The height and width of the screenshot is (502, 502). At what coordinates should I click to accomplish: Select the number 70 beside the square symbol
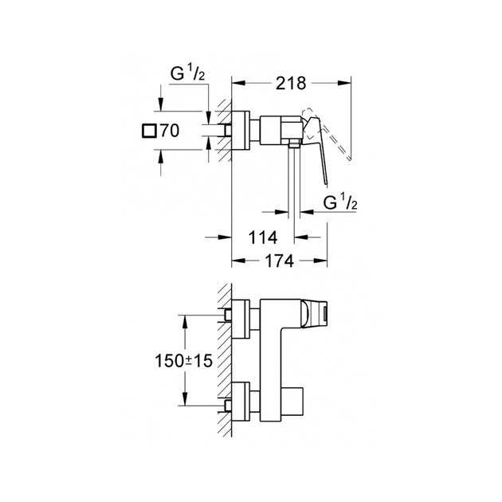click(x=170, y=131)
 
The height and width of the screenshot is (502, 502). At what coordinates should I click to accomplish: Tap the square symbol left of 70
click(x=148, y=131)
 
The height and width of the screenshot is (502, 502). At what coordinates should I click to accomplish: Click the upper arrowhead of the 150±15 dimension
click(x=186, y=318)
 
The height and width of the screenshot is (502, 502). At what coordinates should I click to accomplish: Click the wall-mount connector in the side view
click(x=239, y=129)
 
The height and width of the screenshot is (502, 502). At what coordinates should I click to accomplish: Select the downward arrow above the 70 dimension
click(x=162, y=104)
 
